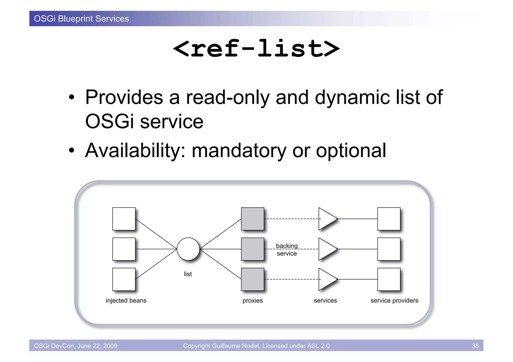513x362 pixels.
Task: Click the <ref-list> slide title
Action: point(256,49)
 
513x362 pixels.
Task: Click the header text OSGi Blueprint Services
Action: point(81,19)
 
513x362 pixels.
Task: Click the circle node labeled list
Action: point(188,249)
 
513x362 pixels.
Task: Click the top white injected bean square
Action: point(124,219)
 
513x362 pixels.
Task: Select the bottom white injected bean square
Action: point(124,279)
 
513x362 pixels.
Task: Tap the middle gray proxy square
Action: point(252,249)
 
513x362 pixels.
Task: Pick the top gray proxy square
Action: point(252,219)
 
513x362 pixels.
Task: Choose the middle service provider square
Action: point(389,249)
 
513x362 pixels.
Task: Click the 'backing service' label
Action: point(287,250)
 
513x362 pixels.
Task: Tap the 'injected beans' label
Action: point(126,300)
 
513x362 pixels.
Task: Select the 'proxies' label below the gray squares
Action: point(252,300)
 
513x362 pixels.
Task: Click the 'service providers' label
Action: point(394,300)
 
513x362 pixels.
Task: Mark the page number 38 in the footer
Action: point(475,346)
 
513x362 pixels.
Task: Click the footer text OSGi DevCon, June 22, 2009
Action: point(76,346)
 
